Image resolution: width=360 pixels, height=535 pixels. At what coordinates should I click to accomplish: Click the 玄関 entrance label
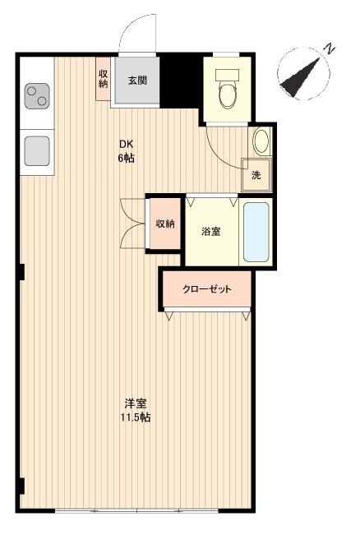point(137,81)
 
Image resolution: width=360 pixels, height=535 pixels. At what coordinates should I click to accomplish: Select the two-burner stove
point(37,96)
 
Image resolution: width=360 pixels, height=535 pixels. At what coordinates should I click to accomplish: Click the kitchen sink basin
point(37,151)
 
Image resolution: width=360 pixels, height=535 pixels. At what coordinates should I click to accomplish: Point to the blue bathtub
point(256,233)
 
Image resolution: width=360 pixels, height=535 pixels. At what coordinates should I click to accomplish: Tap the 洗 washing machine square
point(256,175)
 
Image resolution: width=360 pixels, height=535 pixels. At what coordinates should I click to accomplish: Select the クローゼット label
point(207,289)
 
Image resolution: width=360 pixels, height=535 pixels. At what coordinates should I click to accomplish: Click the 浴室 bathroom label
point(211,232)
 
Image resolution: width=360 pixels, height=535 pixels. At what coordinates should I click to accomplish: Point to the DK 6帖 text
point(127,151)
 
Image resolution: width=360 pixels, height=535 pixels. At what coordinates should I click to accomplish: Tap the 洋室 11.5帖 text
point(136,410)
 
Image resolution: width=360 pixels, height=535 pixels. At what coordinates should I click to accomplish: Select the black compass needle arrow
point(300,78)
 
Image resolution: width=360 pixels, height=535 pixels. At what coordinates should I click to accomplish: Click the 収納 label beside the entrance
point(104,79)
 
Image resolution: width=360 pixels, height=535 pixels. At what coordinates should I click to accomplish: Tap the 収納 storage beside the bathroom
point(165,224)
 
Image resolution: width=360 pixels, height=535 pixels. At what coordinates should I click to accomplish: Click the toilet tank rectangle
point(228,75)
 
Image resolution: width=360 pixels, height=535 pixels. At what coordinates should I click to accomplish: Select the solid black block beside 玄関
point(180,81)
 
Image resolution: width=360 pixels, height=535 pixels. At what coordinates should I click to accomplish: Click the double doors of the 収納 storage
point(132,224)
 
